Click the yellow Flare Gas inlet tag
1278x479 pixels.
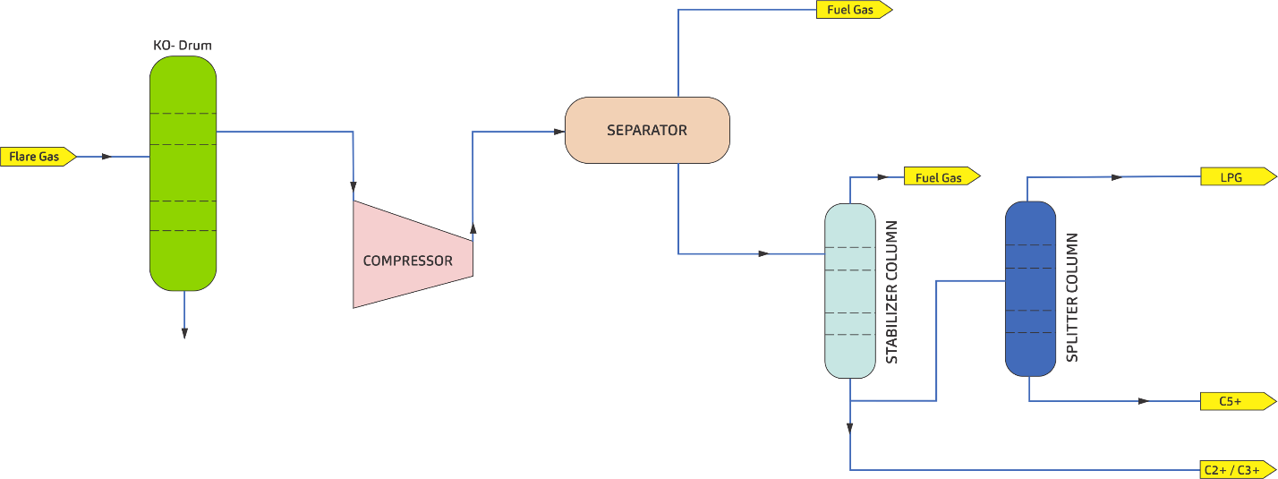[36, 157]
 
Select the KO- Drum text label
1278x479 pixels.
[182, 44]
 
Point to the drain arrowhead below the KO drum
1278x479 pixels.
[184, 333]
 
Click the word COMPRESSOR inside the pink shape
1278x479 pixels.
[407, 261]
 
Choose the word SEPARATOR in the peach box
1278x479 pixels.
[647, 130]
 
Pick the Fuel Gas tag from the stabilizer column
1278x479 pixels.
[940, 177]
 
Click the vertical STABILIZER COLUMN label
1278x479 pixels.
[891, 292]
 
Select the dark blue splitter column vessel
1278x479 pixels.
[1030, 288]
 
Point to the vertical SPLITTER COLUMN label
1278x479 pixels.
[1072, 297]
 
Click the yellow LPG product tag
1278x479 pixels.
[1236, 177]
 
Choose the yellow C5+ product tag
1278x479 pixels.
[1235, 401]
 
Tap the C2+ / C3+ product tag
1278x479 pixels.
[1236, 469]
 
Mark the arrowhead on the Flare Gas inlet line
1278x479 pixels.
[106, 157]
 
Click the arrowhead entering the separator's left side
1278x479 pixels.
[559, 132]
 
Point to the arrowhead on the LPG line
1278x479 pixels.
[1116, 177]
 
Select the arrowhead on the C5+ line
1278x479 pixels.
[1143, 401]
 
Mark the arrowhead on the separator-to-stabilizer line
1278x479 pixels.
[763, 253]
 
